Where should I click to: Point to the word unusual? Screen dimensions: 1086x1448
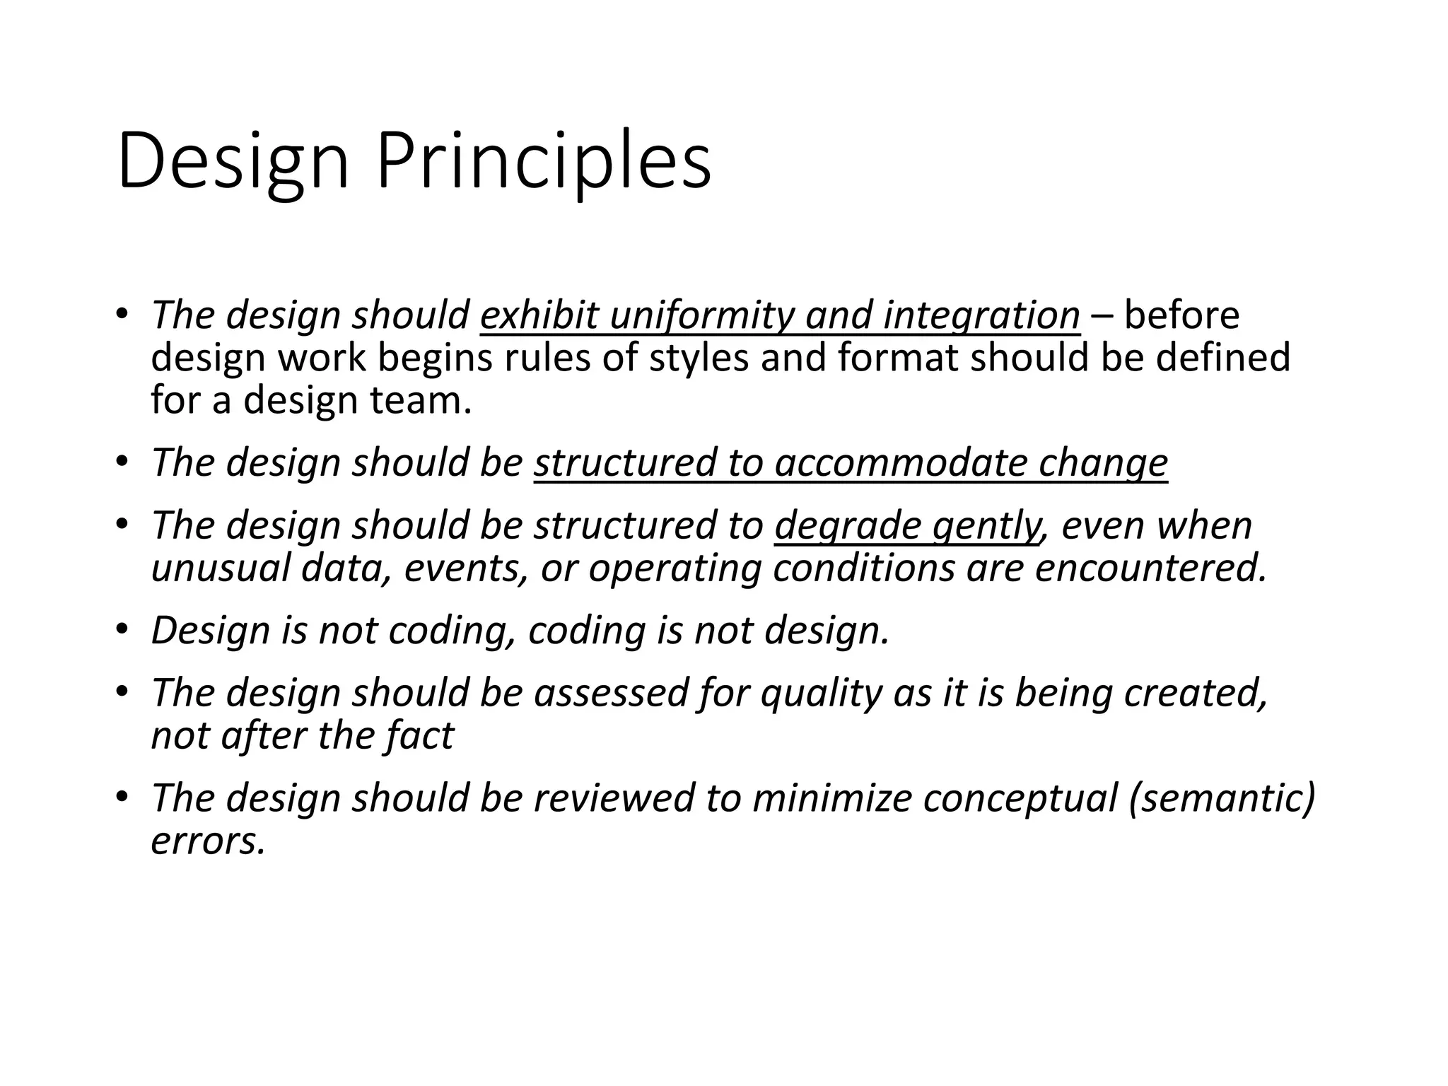221,568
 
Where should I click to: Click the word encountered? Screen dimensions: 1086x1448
1150,568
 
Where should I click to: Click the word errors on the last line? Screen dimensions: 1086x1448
208,841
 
